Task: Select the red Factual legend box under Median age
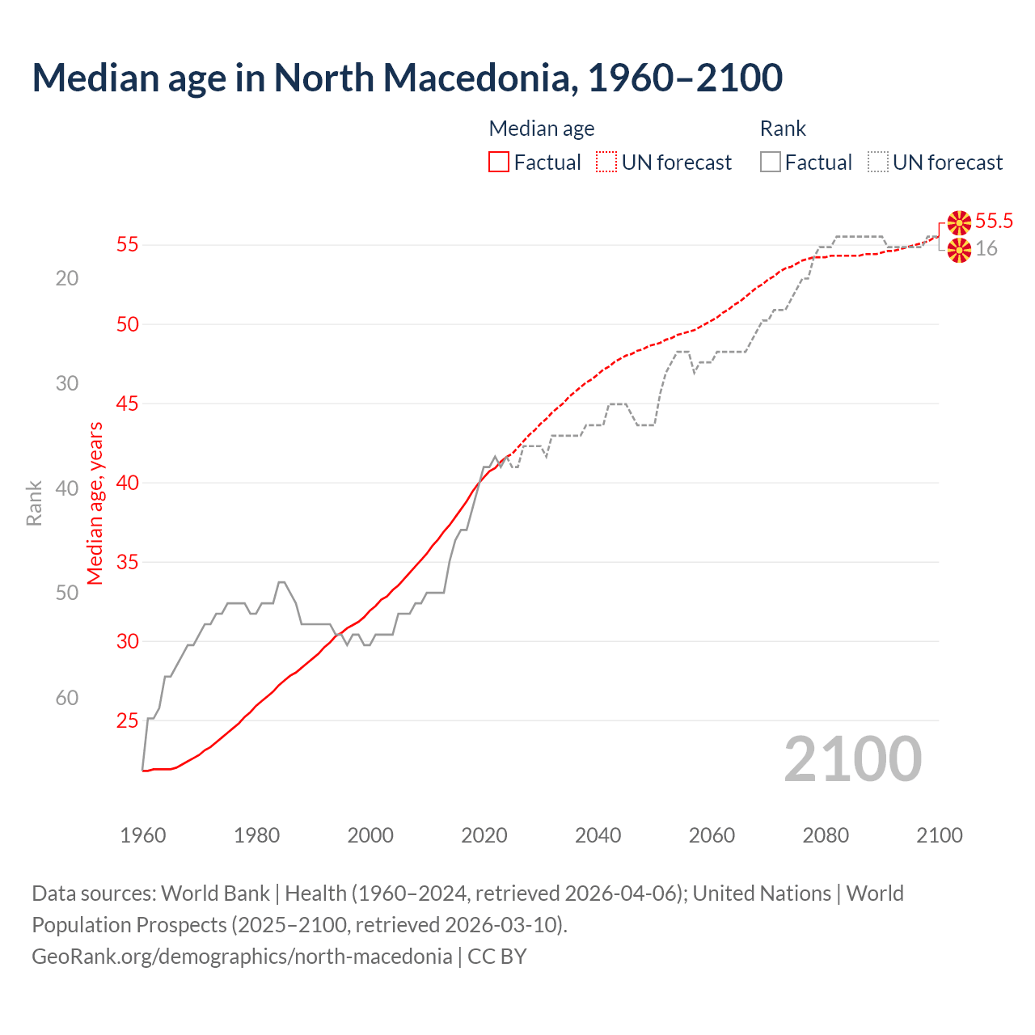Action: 499,163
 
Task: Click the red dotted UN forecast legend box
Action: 606,163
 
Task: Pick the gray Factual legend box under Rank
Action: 771,163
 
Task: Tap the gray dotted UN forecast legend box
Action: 878,163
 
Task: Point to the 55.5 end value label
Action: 994,221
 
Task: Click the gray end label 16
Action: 986,249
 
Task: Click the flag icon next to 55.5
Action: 959,222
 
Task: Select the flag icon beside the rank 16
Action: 959,251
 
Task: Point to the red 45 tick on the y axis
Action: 128,403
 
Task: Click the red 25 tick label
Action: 128,720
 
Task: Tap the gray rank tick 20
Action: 67,278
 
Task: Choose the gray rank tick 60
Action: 67,698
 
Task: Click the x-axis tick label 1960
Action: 143,835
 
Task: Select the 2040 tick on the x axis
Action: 598,835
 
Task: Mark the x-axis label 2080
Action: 826,835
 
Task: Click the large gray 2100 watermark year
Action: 852,758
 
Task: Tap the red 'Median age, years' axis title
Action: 95,503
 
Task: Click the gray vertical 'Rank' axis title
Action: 34,503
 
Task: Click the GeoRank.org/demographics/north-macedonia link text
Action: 242,957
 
